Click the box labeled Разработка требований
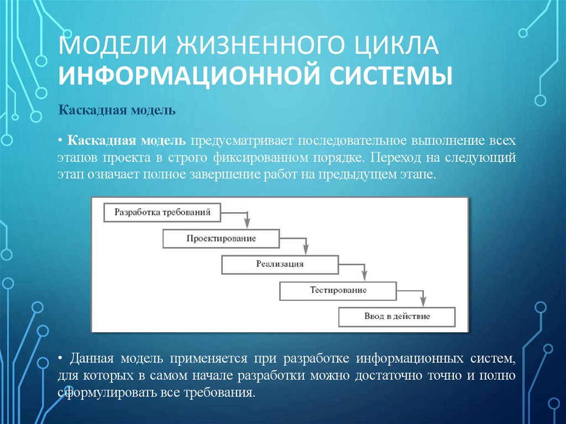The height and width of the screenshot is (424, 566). pos(162,212)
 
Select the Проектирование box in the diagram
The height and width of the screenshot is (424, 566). pos(221,238)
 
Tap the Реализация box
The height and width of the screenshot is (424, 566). pos(280,264)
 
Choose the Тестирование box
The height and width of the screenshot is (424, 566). pos(338,290)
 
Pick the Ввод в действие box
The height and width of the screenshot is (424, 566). pos(396,317)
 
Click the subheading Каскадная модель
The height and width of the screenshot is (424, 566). pos(117,111)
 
